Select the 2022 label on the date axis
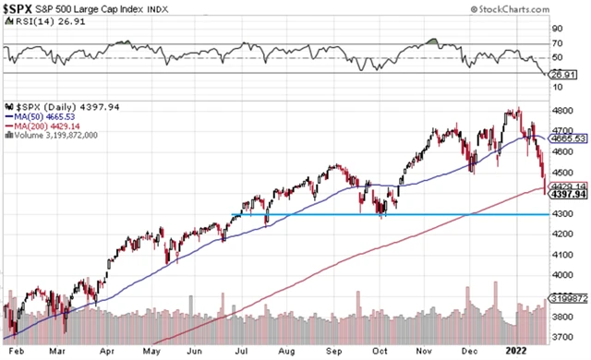pyautogui.click(x=516, y=351)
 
